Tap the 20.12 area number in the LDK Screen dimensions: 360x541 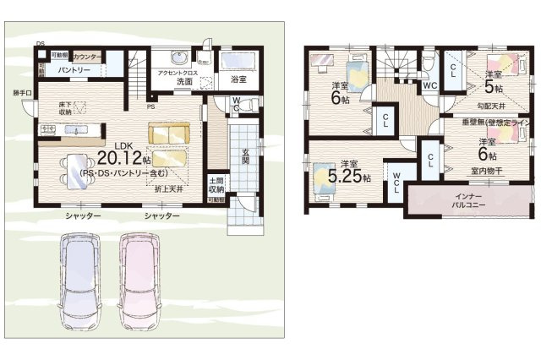tap(117, 158)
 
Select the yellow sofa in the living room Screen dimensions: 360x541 tap(169, 133)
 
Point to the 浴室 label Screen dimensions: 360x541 tap(238, 79)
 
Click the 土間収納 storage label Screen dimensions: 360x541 tap(216, 186)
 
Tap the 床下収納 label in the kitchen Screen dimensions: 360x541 tap(65, 107)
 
